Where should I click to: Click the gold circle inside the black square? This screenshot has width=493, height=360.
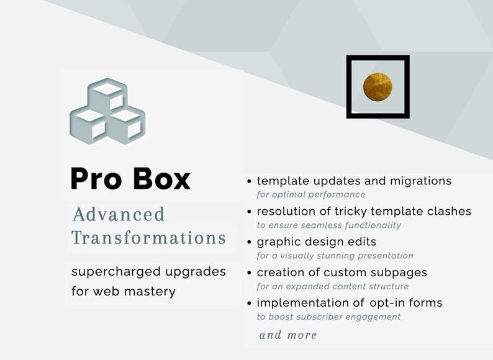coord(378,87)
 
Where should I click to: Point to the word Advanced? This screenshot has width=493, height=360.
coord(119,215)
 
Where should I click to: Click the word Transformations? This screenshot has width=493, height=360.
coord(148,238)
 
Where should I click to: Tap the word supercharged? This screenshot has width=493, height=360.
coord(109,272)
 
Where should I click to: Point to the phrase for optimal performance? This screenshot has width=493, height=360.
coord(311,194)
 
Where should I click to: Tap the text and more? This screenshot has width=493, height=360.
coord(288,335)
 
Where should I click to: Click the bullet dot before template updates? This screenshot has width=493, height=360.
coord(250,182)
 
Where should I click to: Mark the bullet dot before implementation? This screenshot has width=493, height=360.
coord(250,304)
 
